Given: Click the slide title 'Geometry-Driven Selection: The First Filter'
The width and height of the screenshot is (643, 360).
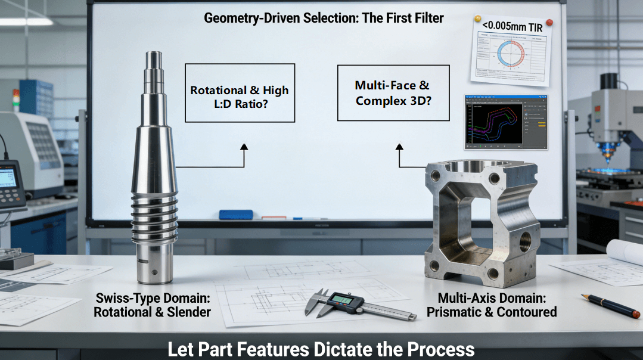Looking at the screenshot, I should coord(324,18).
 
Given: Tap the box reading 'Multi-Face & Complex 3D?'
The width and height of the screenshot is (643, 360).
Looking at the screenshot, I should coord(393,93).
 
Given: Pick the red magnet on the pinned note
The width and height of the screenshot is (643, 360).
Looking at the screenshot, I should coord(549,23).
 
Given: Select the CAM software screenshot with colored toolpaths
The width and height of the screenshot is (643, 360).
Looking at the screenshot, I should coord(505,122).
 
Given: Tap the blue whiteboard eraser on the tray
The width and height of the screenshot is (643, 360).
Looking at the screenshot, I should coord(236,215).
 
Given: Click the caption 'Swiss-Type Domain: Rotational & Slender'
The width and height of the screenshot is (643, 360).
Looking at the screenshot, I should coord(152,305).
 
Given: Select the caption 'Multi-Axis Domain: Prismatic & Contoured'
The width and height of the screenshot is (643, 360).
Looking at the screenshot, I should coord(497,305).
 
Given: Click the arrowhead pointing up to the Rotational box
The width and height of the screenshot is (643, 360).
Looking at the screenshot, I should coord(243,146).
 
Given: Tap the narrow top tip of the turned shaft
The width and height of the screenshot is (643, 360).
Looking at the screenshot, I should coord(154,60).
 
